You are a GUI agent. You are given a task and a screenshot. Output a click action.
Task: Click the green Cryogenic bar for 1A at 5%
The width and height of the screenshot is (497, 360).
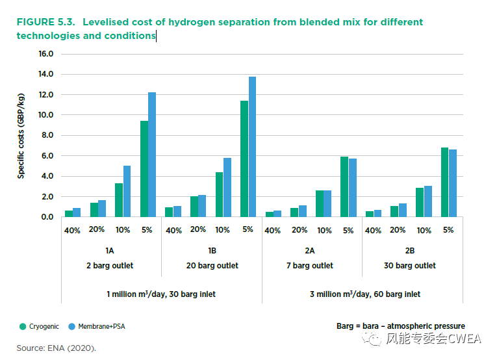144,169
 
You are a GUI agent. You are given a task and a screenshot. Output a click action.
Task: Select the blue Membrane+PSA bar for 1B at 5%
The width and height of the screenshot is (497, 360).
252,147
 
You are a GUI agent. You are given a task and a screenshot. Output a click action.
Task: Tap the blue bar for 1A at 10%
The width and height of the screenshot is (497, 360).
127,191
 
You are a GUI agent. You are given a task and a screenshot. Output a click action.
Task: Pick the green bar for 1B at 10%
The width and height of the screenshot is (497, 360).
219,194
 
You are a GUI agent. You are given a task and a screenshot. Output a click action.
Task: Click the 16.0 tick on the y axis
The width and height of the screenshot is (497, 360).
45,54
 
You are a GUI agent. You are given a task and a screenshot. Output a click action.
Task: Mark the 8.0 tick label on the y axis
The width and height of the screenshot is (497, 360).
45,135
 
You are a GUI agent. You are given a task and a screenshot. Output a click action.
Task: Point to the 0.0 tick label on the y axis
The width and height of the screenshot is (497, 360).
45,217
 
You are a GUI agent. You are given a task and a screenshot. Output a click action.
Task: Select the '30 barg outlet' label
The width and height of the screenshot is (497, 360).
410,265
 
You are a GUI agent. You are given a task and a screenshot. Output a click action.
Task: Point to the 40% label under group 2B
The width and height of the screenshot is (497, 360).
373,231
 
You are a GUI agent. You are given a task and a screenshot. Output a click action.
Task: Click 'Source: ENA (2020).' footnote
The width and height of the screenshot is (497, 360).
56,348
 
